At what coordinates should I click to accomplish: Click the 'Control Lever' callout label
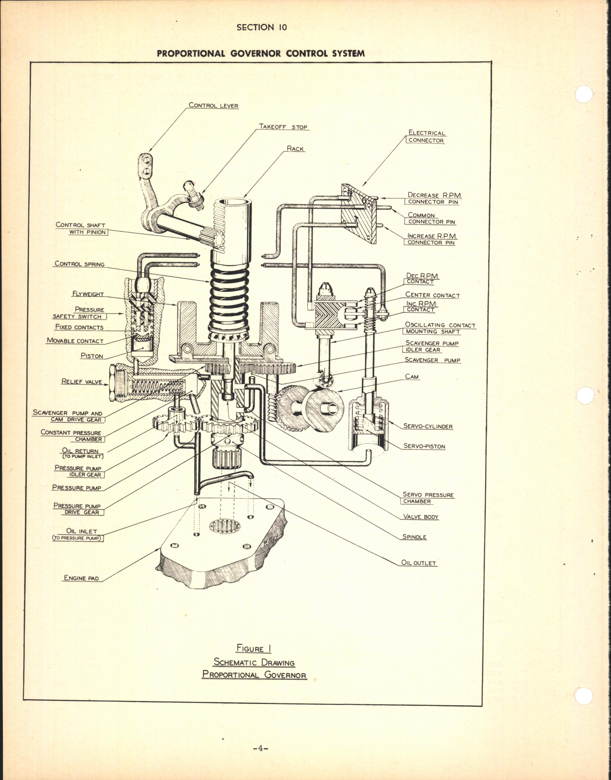(x=213, y=105)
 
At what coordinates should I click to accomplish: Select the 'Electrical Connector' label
(x=426, y=137)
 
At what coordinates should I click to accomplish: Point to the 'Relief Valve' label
(x=81, y=381)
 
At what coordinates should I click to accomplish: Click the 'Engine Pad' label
(x=81, y=578)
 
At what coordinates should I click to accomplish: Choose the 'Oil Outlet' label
(x=419, y=563)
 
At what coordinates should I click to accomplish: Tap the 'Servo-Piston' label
(x=424, y=446)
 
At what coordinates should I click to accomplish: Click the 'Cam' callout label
(x=411, y=377)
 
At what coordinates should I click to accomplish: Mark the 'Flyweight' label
(x=88, y=294)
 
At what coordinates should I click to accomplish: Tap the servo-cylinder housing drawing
(x=368, y=423)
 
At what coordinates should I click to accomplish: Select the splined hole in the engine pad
(x=225, y=526)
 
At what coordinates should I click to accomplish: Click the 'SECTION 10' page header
(x=262, y=27)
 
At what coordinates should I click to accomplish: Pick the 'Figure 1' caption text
(x=254, y=649)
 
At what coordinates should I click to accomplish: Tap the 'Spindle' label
(x=414, y=537)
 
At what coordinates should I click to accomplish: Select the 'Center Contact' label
(x=432, y=295)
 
